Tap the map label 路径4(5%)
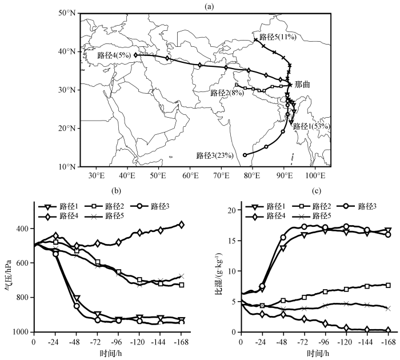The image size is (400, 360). (x=114, y=55)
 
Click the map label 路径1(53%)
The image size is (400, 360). (x=313, y=126)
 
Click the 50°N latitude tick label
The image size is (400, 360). (x=67, y=13)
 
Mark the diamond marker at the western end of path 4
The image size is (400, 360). (x=136, y=55)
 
